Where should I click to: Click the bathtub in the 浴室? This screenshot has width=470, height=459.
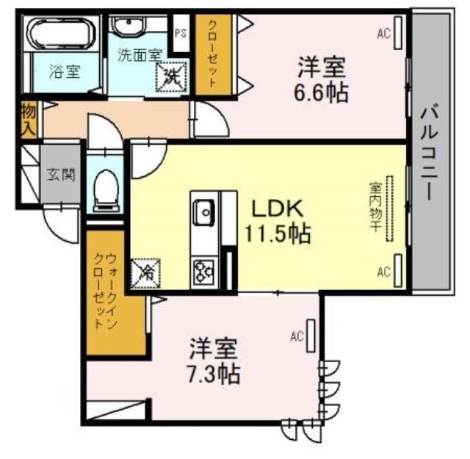click(x=62, y=34)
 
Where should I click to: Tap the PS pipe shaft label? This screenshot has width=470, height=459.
click(x=181, y=33)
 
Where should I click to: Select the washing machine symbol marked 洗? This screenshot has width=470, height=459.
click(x=171, y=76)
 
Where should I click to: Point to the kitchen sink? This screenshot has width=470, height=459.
click(x=204, y=212)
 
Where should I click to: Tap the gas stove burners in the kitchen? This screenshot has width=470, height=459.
click(x=204, y=271)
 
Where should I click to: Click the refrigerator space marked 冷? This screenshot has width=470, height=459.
click(x=146, y=274)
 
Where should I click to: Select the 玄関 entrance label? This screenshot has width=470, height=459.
click(x=60, y=175)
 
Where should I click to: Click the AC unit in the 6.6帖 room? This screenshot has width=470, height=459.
click(x=398, y=32)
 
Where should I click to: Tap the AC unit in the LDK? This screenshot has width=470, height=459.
click(x=398, y=270)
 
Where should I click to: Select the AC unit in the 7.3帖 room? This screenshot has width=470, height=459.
click(x=311, y=336)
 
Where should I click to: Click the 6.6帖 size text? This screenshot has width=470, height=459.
click(x=321, y=93)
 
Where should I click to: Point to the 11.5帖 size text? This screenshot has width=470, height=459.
click(x=278, y=234)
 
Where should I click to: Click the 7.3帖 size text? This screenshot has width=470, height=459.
click(x=214, y=374)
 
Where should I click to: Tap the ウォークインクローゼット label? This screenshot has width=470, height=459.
click(x=105, y=291)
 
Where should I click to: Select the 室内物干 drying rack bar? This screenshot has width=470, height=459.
click(x=390, y=209)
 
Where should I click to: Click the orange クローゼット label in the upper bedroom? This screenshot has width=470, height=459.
click(x=212, y=54)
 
